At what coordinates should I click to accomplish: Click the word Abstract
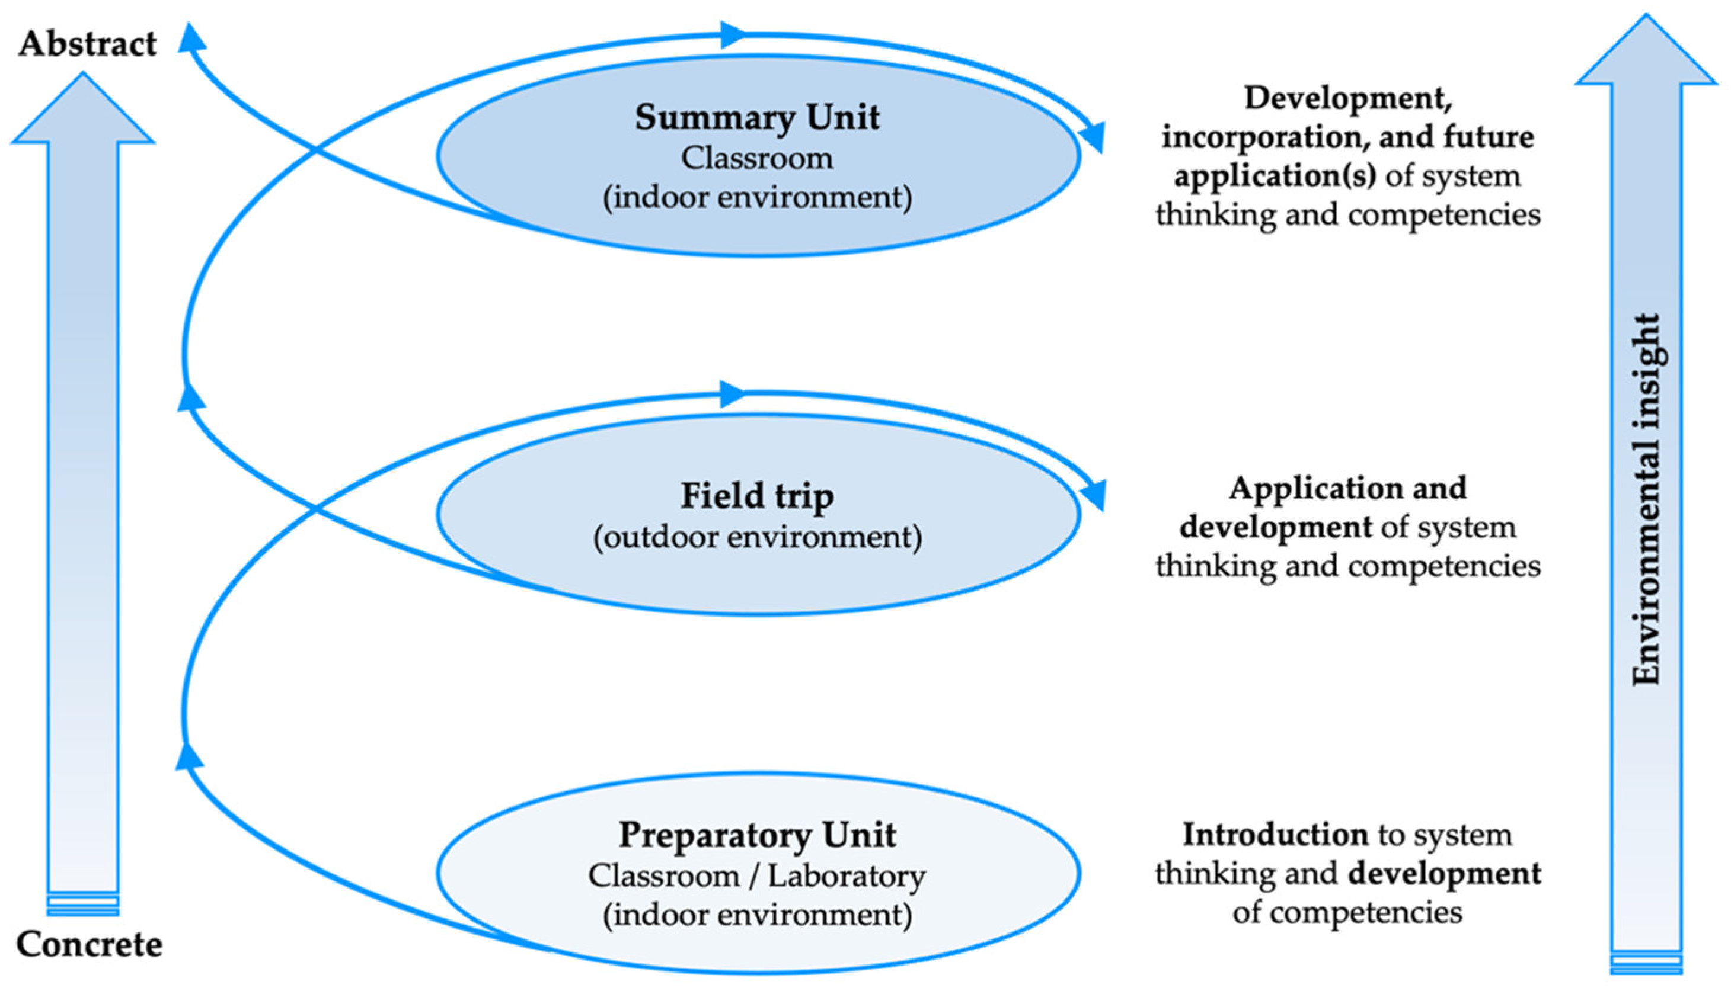(x=87, y=44)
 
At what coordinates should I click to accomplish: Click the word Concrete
(x=89, y=945)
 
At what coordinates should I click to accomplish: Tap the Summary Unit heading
(x=757, y=118)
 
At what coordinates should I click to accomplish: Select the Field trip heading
(x=757, y=495)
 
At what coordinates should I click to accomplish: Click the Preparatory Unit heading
(x=757, y=835)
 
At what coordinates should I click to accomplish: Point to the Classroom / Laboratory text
(x=757, y=876)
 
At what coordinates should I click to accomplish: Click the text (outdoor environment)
(x=757, y=537)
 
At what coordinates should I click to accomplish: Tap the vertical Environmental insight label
(x=1647, y=501)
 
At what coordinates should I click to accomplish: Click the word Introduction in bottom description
(x=1275, y=835)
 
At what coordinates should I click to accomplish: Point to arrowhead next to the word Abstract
(x=192, y=37)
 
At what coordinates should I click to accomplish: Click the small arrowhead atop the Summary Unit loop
(x=733, y=34)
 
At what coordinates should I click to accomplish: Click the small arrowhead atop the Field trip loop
(x=733, y=393)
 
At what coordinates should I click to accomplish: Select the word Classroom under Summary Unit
(x=757, y=159)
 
